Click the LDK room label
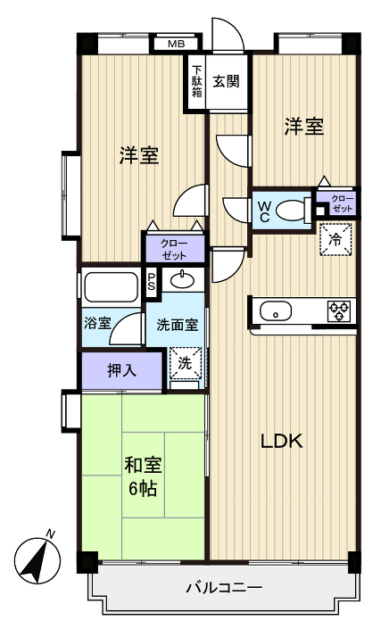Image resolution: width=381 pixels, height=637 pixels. pyautogui.click(x=283, y=441)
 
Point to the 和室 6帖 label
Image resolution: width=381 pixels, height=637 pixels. pyautogui.click(x=142, y=476)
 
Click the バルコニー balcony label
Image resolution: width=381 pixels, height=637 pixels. pyautogui.click(x=223, y=588)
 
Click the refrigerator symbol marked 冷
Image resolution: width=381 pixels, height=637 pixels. pyautogui.click(x=335, y=239)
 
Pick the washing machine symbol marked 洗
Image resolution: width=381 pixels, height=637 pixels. pyautogui.click(x=185, y=363)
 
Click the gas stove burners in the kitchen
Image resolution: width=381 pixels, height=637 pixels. pyautogui.click(x=339, y=310)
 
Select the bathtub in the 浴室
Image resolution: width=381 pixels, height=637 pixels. pyautogui.click(x=112, y=287)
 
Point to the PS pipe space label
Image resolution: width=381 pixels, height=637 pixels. pyautogui.click(x=152, y=283)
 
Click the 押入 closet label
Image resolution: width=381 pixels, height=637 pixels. pyautogui.click(x=122, y=370)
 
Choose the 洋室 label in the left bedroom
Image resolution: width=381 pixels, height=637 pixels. pyautogui.click(x=140, y=155)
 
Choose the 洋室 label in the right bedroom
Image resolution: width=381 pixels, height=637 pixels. pyautogui.click(x=303, y=127)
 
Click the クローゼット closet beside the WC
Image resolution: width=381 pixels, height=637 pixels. pyautogui.click(x=341, y=203)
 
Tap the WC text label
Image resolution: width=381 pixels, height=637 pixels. pyautogui.click(x=265, y=211)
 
